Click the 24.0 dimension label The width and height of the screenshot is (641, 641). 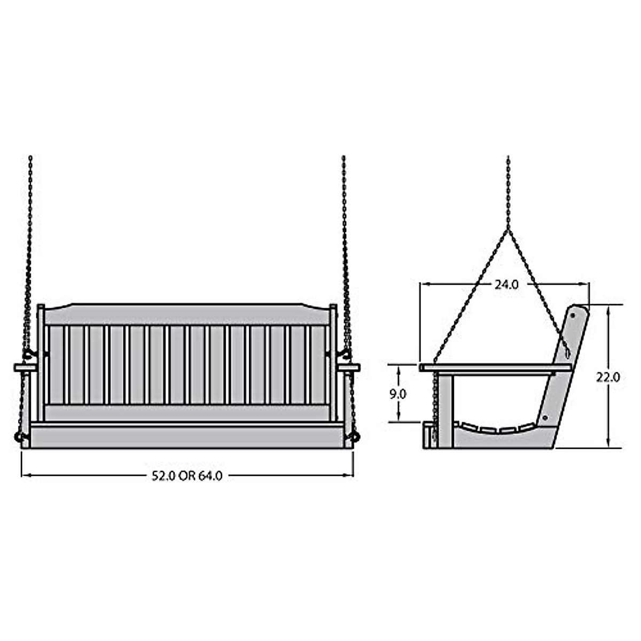pyautogui.click(x=506, y=285)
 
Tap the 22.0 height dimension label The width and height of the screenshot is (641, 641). pyautogui.click(x=608, y=378)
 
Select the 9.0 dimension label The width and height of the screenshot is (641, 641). pyautogui.click(x=398, y=394)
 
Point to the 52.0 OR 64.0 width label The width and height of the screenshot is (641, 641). pyautogui.click(x=187, y=476)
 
